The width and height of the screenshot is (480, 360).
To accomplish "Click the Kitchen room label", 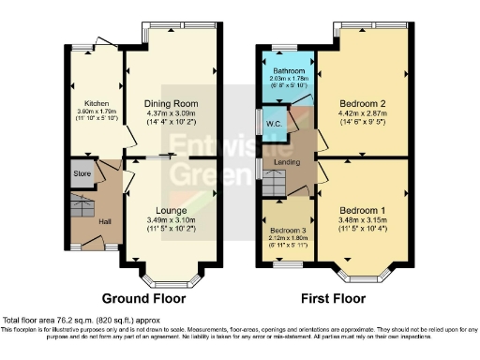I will [96, 103].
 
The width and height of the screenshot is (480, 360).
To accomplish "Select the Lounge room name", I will [171, 210].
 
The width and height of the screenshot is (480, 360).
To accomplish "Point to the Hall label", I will [106, 222].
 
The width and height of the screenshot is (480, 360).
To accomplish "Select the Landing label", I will [286, 163].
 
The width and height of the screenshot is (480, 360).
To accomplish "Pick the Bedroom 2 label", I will [361, 103].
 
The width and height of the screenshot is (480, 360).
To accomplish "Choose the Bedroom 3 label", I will [287, 230].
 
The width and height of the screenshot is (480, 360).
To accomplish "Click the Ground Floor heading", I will [143, 299].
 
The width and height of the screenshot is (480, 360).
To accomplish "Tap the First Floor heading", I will [334, 299].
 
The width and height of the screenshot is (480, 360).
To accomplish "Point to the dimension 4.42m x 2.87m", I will [361, 113].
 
